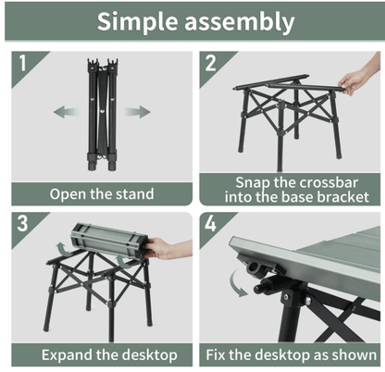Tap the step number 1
click(x=20, y=66)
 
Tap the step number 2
click(x=211, y=66)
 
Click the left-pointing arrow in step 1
click(x=64, y=112)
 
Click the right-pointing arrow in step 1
click(x=138, y=112)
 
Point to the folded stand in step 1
click(x=101, y=116)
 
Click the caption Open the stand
click(x=101, y=194)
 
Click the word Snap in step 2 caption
click(x=255, y=182)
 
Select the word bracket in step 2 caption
click(x=339, y=197)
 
